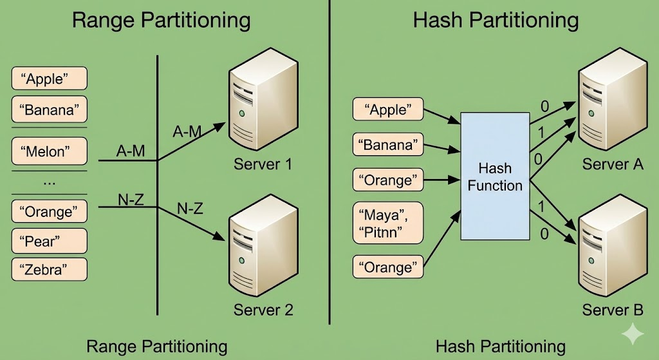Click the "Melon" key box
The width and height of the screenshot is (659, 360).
49,152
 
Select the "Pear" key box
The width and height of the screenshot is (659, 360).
49,242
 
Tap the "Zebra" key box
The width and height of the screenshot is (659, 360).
49,269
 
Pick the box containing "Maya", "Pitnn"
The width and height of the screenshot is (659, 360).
388,222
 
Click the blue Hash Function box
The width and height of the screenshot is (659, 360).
495,177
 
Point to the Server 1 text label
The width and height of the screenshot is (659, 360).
263,164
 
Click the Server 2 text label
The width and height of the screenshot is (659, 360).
263,310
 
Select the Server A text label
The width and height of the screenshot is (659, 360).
613,164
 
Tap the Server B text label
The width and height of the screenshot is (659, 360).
613,310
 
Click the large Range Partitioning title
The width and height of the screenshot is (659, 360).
161,20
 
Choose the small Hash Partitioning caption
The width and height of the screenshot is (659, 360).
500,346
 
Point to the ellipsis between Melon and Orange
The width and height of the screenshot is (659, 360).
49,182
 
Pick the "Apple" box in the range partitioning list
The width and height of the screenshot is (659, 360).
49,79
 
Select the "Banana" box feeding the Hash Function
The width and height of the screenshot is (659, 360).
388,145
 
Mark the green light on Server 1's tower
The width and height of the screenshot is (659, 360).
242,113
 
